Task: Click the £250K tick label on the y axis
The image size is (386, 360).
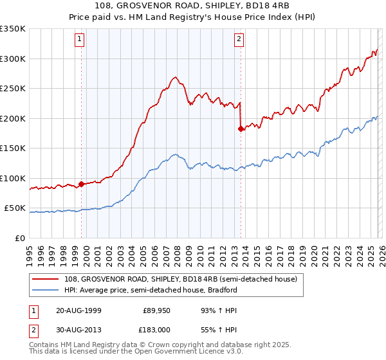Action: (x=13, y=89)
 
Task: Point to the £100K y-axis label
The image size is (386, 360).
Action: (x=13, y=179)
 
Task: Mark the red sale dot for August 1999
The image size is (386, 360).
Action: (x=82, y=184)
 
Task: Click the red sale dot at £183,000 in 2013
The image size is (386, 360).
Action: (x=241, y=129)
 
